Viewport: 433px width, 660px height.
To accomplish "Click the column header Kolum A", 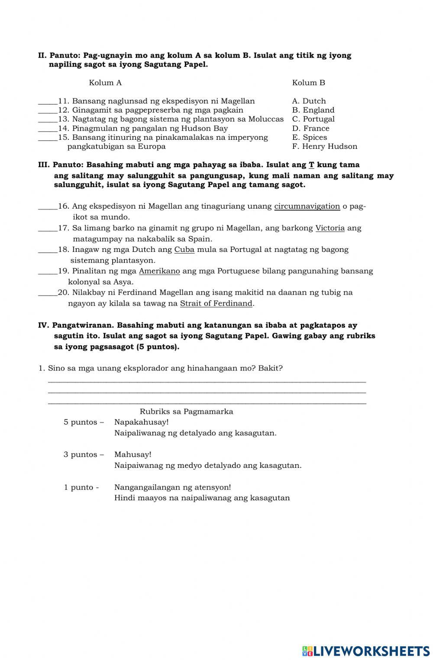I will pyautogui.click(x=105, y=83).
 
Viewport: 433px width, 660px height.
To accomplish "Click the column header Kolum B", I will pyautogui.click(x=308, y=83).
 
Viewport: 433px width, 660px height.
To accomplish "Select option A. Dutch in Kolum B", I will pyautogui.click(x=309, y=101).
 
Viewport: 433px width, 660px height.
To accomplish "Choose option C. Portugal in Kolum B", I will pyautogui.click(x=313, y=119).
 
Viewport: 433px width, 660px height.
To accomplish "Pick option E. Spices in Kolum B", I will pyautogui.click(x=310, y=137).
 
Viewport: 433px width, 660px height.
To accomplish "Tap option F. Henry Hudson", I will pyautogui.click(x=325, y=146).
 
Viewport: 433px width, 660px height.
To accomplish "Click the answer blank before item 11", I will pyautogui.click(x=48, y=102).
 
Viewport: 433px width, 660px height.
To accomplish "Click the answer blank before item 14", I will pyautogui.click(x=48, y=129).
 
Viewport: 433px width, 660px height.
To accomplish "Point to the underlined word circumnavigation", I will pyautogui.click(x=307, y=206).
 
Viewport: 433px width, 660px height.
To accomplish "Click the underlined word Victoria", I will pyautogui.click(x=330, y=228).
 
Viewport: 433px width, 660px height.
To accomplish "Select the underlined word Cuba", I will pyautogui.click(x=184, y=250).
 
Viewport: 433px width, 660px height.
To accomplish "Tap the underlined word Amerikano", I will pyautogui.click(x=159, y=271).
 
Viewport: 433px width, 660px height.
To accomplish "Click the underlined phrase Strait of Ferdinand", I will pyautogui.click(x=216, y=303).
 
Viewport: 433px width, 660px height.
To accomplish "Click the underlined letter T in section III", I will pyautogui.click(x=311, y=165).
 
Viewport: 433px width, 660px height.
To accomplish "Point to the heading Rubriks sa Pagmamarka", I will pyautogui.click(x=186, y=412).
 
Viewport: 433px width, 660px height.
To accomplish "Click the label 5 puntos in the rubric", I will pyautogui.click(x=83, y=422).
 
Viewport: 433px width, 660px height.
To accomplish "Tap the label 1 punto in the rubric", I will pyautogui.click(x=81, y=487).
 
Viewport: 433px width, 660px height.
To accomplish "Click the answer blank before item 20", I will pyautogui.click(x=48, y=294).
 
